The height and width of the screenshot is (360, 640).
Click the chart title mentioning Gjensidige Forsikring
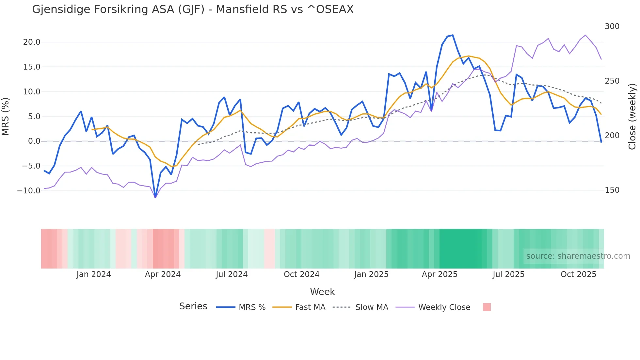tap(193, 9)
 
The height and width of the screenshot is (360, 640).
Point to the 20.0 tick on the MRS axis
tap(32, 42)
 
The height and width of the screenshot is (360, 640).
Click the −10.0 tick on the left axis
tap(29, 191)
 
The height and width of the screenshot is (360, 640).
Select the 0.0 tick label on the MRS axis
tap(34, 141)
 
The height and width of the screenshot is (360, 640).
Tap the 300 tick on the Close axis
tap(612, 26)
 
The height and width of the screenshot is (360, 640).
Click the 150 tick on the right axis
tap(612, 190)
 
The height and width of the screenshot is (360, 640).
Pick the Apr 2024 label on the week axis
tap(163, 274)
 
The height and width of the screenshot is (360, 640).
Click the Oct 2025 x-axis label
tap(578, 274)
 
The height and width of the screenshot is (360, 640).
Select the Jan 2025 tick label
tap(371, 274)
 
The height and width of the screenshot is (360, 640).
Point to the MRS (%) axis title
tap(6, 117)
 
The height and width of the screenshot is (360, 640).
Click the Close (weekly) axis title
tap(632, 117)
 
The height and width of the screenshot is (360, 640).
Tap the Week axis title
tap(322, 292)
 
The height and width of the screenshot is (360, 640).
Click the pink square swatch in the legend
tap(487, 307)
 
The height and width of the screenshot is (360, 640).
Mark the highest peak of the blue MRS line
tap(453, 35)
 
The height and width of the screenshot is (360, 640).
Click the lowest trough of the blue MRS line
tap(155, 197)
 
